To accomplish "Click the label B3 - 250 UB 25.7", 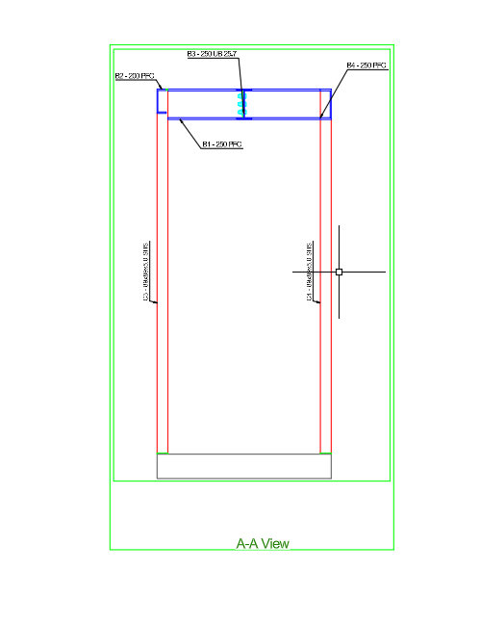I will click(211, 53).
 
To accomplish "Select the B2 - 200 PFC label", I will click(135, 75).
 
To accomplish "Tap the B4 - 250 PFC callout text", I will click(366, 65).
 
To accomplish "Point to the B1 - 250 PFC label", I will click(221, 144).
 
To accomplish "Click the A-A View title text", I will click(263, 543).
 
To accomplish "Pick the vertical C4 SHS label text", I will click(309, 273).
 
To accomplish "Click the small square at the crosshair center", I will click(339, 272).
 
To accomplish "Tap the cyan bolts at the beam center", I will click(240, 104).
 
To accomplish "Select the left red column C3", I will click(163, 289).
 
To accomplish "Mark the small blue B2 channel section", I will click(162, 101).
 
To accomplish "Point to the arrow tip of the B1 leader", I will click(179, 119).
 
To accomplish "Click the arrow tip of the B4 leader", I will click(321, 117).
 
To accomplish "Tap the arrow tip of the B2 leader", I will click(166, 90).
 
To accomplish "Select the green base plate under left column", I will click(163, 453).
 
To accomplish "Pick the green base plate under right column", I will click(326, 453).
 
